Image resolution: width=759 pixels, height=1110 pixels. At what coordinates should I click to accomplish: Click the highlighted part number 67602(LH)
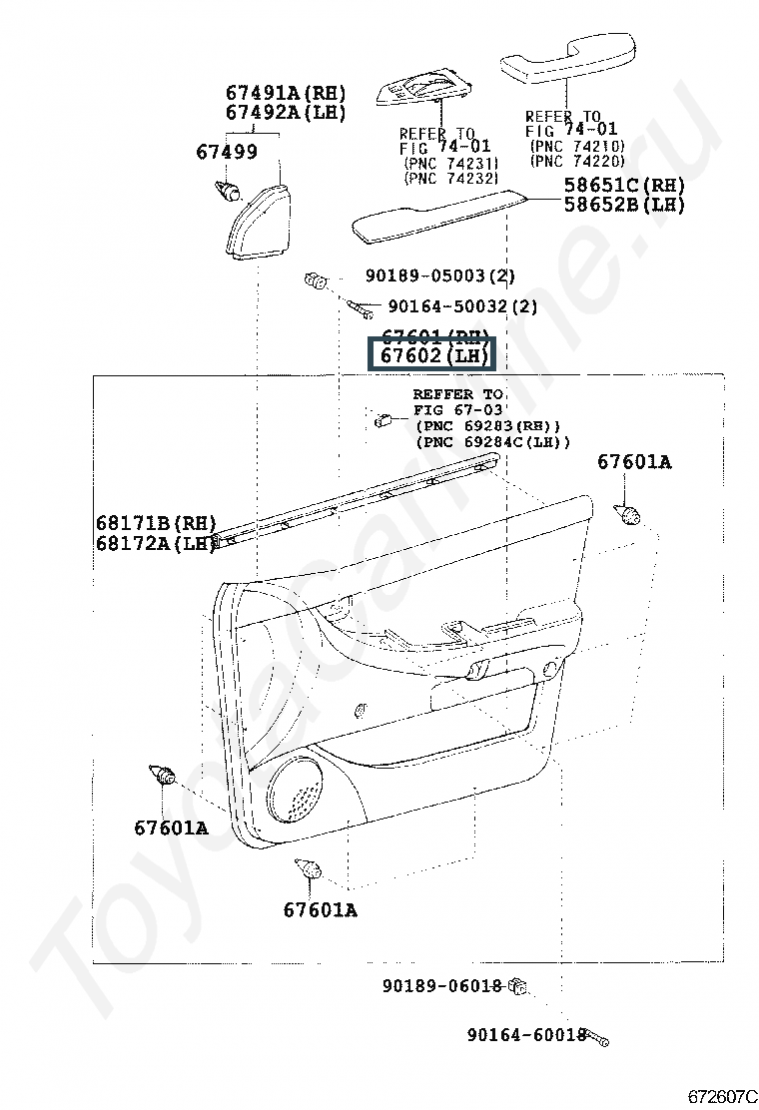pyautogui.click(x=429, y=355)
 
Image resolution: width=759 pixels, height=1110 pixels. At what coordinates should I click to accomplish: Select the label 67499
pyautogui.click(x=226, y=153)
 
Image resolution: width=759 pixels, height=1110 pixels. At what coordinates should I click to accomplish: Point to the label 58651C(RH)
pyautogui.click(x=624, y=185)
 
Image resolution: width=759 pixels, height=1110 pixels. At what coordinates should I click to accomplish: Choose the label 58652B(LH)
pyautogui.click(x=624, y=205)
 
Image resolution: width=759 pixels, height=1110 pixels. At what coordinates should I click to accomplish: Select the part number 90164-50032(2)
pyautogui.click(x=461, y=306)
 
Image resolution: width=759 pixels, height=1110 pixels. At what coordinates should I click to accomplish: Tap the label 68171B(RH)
pyautogui.click(x=157, y=523)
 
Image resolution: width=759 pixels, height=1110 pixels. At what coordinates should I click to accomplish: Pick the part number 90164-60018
pyautogui.click(x=525, y=1035)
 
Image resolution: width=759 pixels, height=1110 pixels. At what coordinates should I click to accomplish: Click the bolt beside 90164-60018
pyautogui.click(x=596, y=1038)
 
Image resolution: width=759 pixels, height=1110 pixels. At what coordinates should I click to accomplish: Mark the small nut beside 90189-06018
pyautogui.click(x=517, y=987)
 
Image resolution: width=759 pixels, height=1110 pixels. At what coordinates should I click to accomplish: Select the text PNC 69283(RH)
pyautogui.click(x=486, y=426)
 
